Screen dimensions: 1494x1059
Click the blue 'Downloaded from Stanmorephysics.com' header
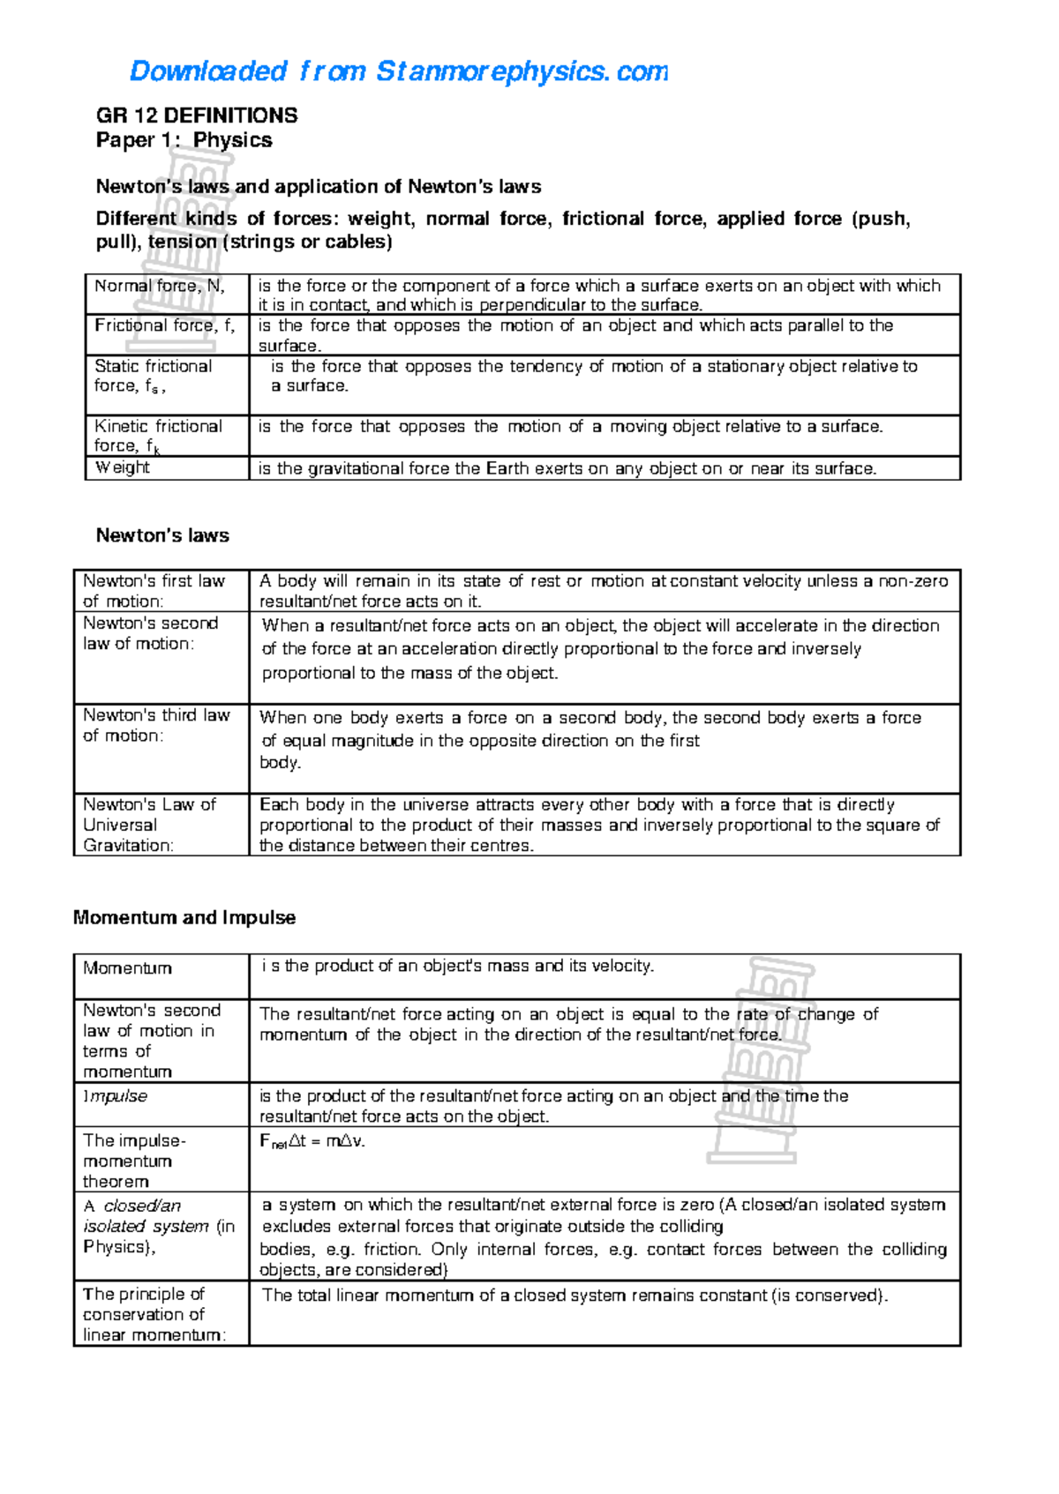(398, 71)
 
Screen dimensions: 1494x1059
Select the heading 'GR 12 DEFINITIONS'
(196, 116)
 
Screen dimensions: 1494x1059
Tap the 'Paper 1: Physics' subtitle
(184, 140)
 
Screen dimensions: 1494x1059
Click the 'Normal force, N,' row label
(160, 286)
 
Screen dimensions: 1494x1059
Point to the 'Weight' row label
(123, 467)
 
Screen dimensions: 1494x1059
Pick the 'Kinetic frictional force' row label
(158, 436)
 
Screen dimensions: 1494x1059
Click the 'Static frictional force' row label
(154, 376)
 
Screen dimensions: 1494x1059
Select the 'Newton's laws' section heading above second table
(162, 535)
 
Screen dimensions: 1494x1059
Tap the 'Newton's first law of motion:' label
(154, 591)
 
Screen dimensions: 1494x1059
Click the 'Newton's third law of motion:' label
(156, 725)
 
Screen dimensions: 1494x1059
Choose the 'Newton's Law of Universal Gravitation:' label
(149, 825)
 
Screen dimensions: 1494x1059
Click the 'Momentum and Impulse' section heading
(184, 917)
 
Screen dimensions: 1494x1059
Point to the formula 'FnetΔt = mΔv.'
(312, 1141)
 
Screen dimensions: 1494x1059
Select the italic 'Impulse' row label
(116, 1096)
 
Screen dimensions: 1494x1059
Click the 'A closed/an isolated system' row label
(159, 1226)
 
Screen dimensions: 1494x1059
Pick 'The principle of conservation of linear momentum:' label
(154, 1314)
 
